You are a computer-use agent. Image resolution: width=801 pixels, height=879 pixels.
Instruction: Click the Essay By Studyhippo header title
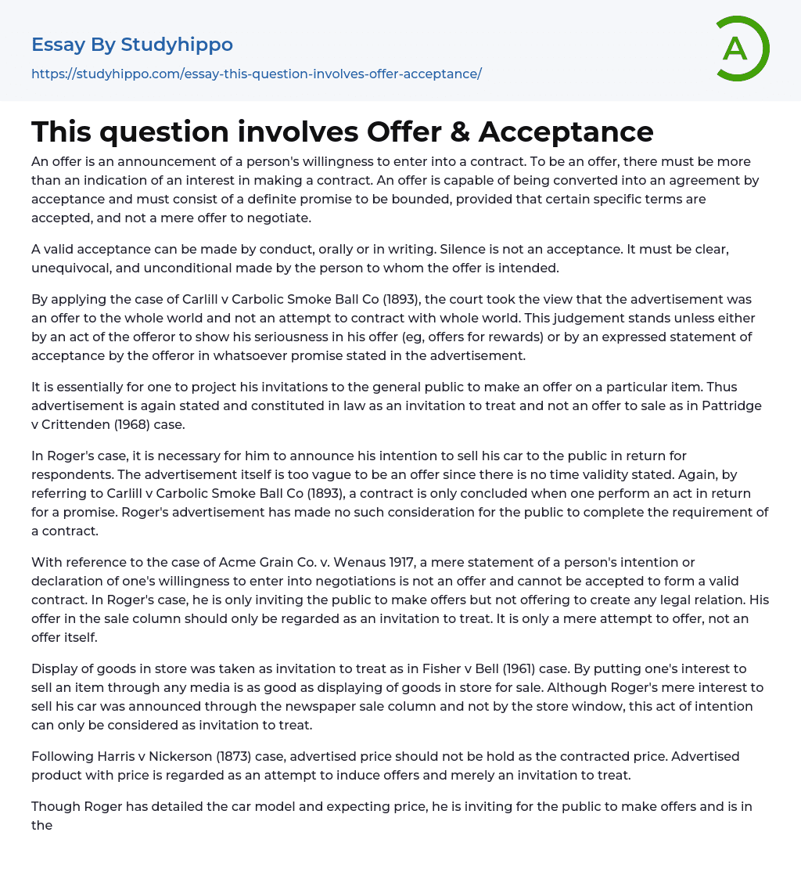(x=132, y=45)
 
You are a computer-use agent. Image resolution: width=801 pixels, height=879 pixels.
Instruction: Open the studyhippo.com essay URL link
(x=257, y=74)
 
